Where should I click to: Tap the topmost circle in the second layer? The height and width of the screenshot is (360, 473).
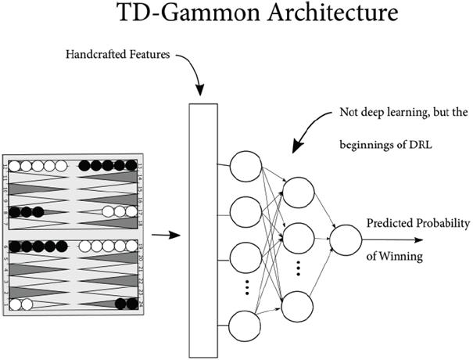[299, 192]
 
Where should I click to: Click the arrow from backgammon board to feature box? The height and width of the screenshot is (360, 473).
[163, 234]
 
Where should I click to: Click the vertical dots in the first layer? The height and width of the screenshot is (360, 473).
[246, 287]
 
